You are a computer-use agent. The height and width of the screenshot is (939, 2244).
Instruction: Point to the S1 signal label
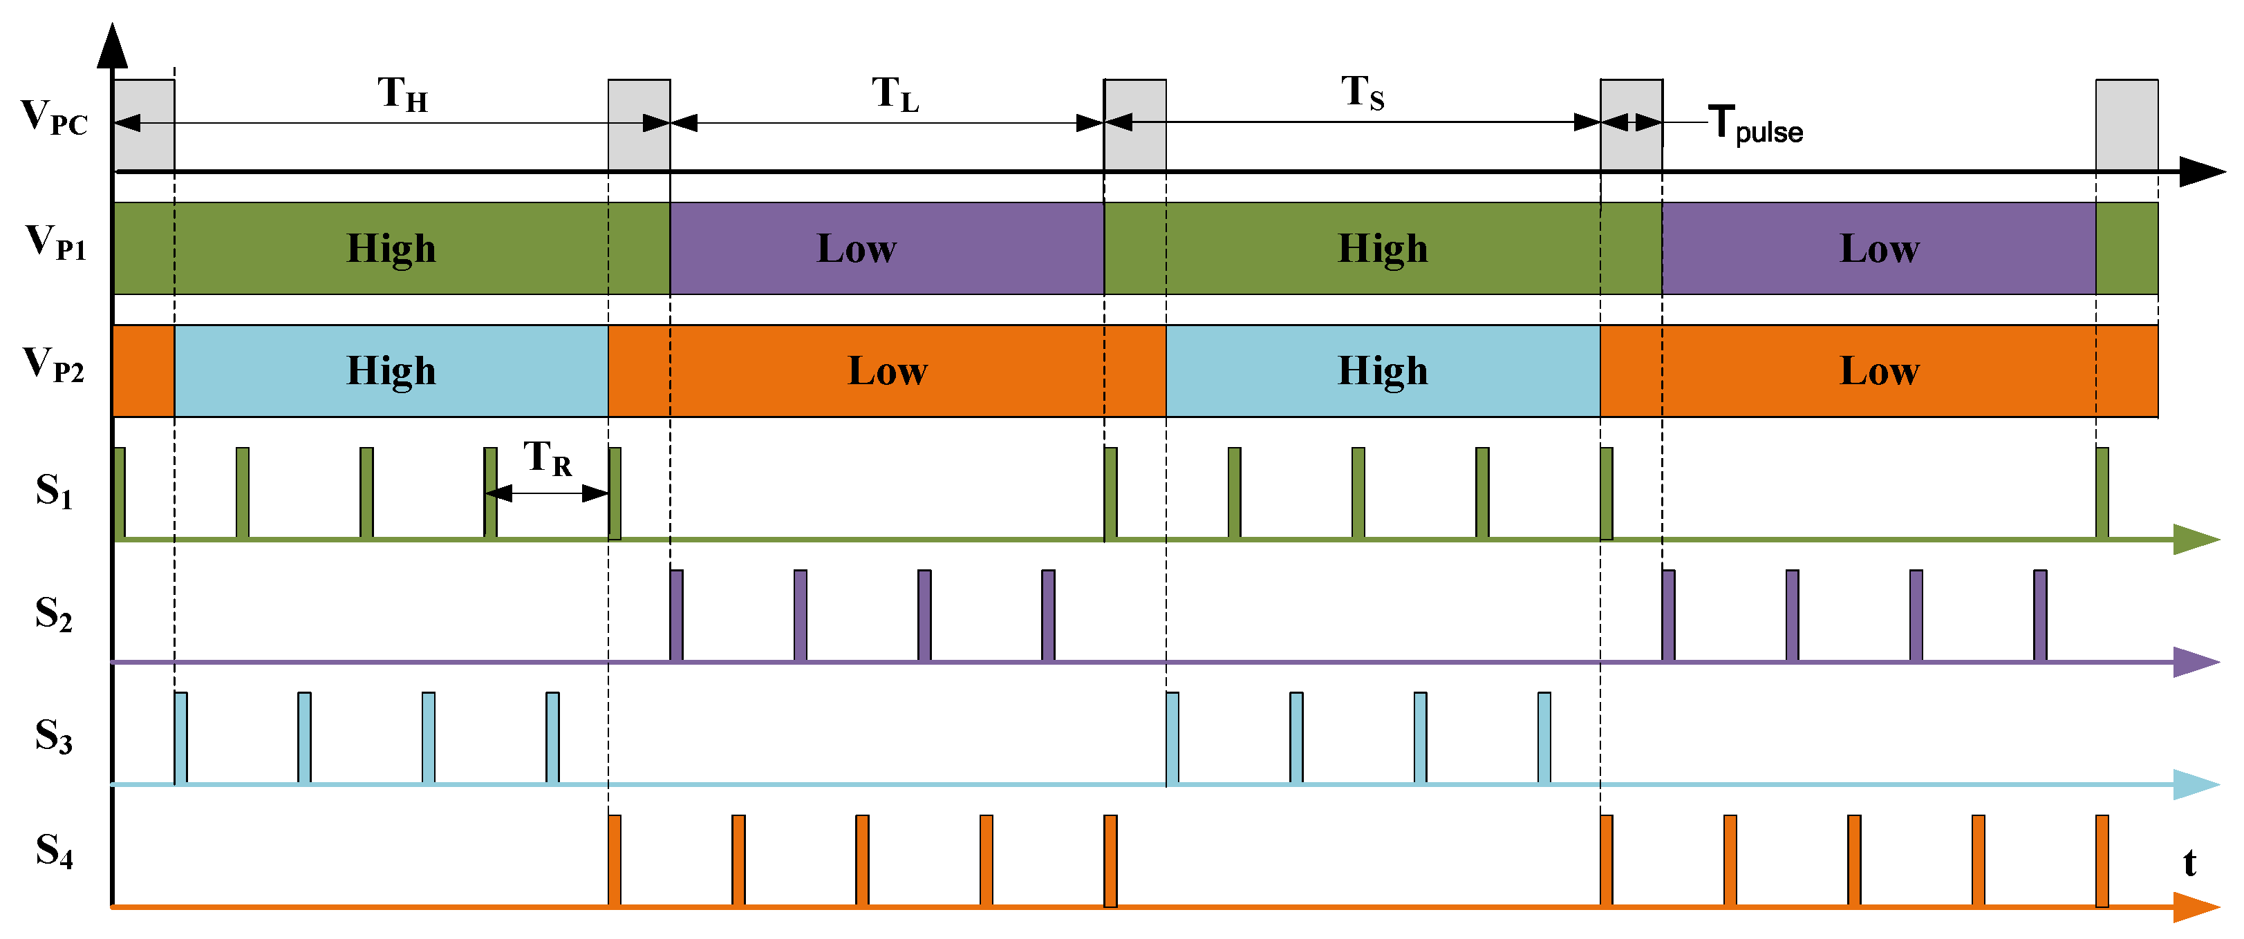[54, 491]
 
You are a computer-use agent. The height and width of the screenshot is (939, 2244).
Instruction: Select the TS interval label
[1363, 93]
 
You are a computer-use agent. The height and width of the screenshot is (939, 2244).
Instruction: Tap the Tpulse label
[1755, 124]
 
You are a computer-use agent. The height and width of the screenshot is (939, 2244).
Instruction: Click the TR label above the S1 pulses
[547, 458]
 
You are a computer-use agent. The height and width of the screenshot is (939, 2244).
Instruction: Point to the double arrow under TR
[547, 494]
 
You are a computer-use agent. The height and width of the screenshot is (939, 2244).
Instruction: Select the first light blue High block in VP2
[391, 371]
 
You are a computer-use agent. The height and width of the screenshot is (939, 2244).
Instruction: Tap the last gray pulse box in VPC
[2126, 124]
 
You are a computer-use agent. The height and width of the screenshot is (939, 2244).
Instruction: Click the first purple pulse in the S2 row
[677, 615]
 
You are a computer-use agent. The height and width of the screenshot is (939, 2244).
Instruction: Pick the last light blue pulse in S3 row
[1544, 738]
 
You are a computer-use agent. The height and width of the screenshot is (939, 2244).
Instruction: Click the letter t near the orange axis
[2189, 863]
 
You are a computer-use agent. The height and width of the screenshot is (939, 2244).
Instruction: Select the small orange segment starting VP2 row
[144, 371]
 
